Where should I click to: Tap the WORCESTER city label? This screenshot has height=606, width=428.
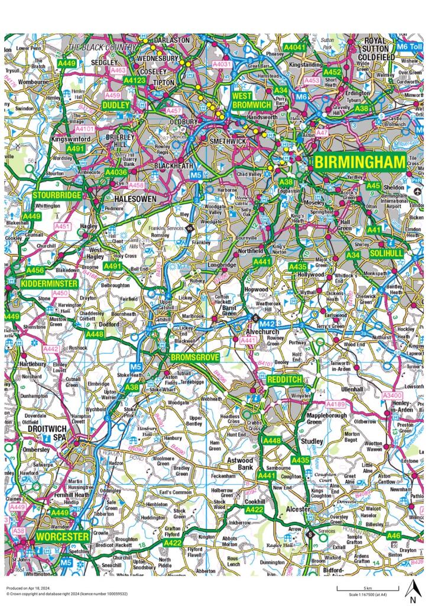coord(62,537)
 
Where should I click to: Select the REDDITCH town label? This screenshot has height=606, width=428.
coord(285,379)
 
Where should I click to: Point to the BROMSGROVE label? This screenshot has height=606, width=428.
coord(194,358)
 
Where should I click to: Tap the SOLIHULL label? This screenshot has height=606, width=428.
coord(386,253)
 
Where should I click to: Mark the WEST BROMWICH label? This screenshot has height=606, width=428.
coord(251,100)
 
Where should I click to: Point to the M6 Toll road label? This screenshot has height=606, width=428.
coord(410,46)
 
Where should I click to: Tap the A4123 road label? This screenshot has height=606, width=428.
coord(135,80)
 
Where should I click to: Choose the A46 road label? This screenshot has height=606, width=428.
coord(394,536)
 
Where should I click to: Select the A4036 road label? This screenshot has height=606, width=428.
coord(116,172)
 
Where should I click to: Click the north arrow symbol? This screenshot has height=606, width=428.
coord(414,589)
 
